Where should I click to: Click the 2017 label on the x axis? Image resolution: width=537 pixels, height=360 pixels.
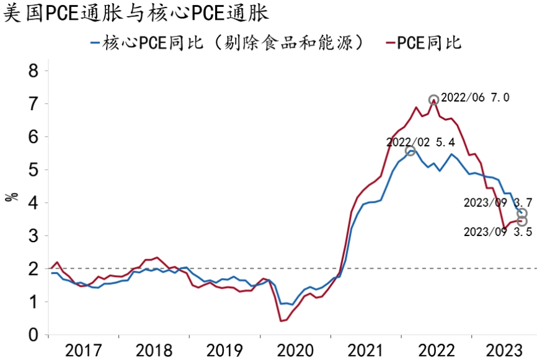84,349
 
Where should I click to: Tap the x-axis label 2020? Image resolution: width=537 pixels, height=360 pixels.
296,349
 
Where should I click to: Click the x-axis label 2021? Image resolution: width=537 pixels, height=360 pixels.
367,349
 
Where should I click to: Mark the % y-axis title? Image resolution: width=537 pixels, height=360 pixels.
11,198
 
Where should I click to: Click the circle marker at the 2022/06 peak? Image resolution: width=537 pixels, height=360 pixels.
434,100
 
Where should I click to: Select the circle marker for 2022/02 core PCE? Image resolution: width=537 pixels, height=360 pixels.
410,151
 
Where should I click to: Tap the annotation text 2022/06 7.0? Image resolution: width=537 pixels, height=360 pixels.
475,97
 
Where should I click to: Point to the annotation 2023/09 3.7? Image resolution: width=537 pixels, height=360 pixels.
498,203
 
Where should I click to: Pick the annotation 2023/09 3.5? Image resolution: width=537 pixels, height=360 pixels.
498,232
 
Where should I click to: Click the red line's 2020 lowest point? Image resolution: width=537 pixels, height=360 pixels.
282,320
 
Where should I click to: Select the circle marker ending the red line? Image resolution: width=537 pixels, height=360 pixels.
522,221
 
